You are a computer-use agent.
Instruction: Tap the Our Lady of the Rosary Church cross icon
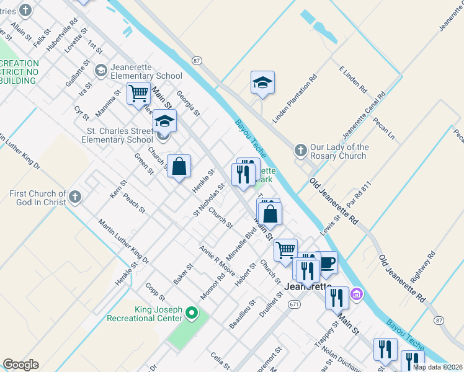point(300,151)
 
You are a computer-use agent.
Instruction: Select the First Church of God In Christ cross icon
point(74,197)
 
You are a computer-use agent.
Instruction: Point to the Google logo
point(20,365)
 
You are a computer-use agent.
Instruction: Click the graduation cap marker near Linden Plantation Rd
point(263,82)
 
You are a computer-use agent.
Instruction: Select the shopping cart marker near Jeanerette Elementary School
point(139,94)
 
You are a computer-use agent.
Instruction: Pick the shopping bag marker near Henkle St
point(179,166)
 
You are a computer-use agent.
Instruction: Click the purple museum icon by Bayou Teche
point(357,293)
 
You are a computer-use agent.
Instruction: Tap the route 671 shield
point(294,304)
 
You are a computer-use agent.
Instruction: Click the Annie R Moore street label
point(216,260)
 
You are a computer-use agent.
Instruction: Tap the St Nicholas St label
point(208,200)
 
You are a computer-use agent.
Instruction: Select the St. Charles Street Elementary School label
point(120,135)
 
